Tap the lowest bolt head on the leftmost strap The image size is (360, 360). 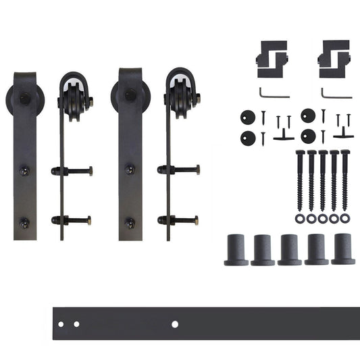coord(25,221)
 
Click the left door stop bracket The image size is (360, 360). coord(272,57)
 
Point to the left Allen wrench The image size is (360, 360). coord(273,93)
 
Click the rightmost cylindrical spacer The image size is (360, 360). coord(343,249)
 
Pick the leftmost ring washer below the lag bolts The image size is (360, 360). coord(299,219)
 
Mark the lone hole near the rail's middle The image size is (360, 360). coord(175,324)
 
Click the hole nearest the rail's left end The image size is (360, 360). coord(61,324)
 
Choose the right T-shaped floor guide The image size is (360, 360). coord(344,131)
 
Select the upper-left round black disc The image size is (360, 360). coord(246,117)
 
